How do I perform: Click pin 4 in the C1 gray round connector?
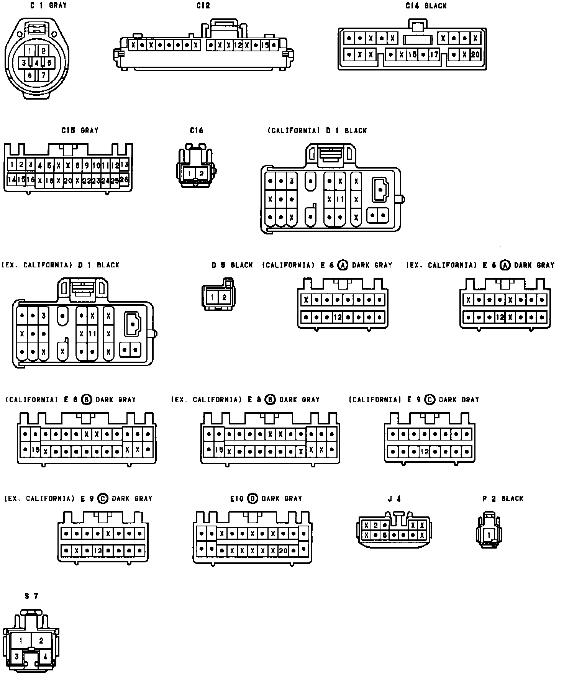(x=36, y=62)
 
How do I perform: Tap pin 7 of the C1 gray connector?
(x=43, y=75)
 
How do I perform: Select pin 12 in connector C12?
(x=238, y=45)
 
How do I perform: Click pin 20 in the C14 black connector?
(x=475, y=54)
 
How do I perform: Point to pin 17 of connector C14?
(x=433, y=54)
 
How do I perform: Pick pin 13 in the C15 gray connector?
(x=124, y=165)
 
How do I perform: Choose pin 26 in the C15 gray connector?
(x=124, y=179)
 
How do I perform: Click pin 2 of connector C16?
(x=202, y=174)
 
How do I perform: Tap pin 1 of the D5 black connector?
(x=212, y=297)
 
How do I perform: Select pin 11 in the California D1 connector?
(x=340, y=199)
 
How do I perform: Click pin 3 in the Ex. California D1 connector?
(x=44, y=316)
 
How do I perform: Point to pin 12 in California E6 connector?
(x=337, y=317)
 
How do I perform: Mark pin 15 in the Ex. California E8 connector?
(x=219, y=449)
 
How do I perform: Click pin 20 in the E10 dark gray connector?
(x=283, y=550)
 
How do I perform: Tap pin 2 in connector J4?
(x=376, y=525)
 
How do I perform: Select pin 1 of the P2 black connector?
(x=489, y=534)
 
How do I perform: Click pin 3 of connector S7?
(x=17, y=656)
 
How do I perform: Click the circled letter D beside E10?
(x=252, y=498)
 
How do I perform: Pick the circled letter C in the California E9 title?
(x=430, y=400)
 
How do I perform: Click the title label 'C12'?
(x=203, y=6)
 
